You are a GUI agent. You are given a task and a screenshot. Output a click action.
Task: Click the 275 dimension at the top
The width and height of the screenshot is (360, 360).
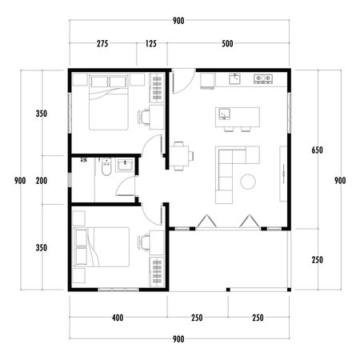[102, 44]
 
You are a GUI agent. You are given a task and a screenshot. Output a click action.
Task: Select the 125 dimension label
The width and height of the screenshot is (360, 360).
[151, 44]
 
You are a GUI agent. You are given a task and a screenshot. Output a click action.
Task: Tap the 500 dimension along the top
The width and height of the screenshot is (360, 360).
[228, 44]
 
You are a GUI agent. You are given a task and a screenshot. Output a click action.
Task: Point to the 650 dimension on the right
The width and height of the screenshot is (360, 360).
[317, 150]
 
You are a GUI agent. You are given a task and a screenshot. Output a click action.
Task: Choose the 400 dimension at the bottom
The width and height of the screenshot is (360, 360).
[118, 318]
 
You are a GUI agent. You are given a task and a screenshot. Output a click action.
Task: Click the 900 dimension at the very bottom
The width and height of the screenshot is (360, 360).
[178, 339]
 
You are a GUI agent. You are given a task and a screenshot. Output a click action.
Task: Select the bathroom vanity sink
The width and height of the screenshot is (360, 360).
[125, 166]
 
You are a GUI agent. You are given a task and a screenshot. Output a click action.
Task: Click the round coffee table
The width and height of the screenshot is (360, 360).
[248, 182]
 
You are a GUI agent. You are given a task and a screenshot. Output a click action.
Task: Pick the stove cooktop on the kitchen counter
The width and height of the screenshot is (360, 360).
[262, 79]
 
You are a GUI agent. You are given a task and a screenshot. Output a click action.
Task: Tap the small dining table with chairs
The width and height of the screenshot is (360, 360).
[181, 154]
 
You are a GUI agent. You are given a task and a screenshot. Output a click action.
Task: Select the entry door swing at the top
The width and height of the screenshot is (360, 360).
[180, 81]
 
